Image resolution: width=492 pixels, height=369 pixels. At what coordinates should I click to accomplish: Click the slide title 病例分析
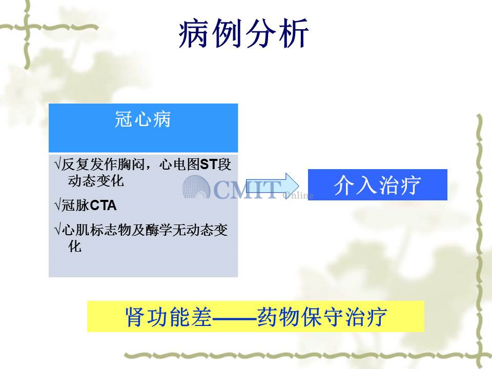pos(244,33)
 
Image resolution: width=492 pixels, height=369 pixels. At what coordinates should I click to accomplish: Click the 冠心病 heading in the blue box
pos(143,119)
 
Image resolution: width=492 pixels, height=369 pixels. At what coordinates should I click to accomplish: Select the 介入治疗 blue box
pos(378,184)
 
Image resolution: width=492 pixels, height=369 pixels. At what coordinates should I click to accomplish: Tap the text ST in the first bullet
pos(209,165)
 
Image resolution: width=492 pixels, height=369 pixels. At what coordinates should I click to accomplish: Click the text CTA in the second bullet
pos(103,206)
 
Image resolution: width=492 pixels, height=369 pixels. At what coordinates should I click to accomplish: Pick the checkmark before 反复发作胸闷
pos(57,164)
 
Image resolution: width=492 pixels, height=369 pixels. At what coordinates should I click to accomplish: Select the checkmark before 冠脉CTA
pos(57,206)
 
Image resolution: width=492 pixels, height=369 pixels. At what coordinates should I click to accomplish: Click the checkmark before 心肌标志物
pos(57,230)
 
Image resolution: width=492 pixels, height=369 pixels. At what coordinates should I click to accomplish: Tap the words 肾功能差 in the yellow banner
pos(169,317)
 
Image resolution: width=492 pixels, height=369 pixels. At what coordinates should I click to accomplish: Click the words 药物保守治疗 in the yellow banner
pos(322,317)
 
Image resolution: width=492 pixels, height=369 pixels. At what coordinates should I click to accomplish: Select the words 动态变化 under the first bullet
pos(96,181)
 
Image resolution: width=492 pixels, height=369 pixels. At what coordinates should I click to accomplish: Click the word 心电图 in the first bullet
pos(179,165)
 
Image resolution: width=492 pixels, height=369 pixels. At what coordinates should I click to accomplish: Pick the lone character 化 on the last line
pos(75,247)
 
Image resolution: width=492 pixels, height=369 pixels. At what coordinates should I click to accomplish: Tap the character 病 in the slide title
pos(194,33)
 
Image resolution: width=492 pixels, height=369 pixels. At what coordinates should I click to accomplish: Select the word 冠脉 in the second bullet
pos(75,206)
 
